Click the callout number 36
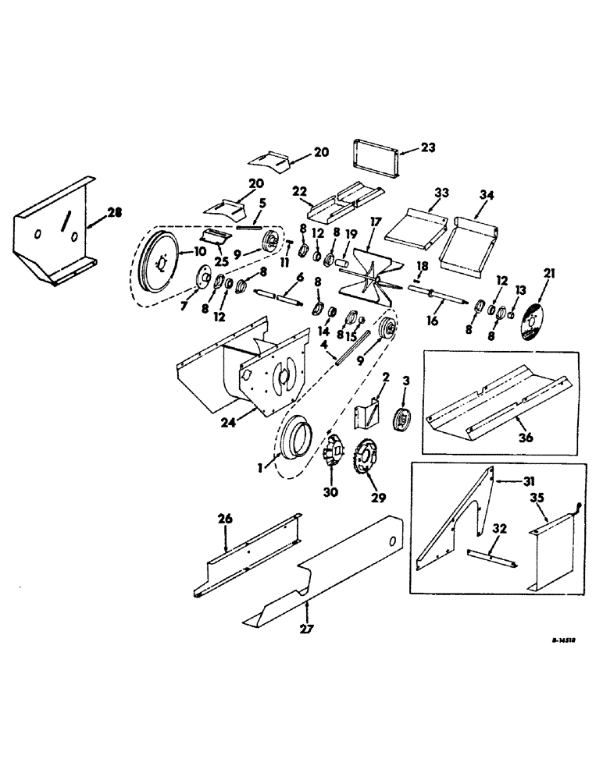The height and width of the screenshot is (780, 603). (525, 438)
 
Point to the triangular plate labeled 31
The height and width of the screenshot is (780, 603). (457, 519)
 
